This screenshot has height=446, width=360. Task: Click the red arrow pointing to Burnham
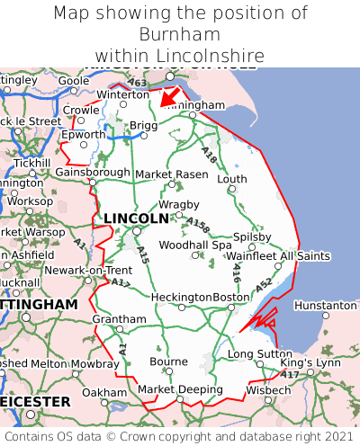pos(168,97)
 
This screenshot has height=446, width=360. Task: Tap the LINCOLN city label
pos(136,219)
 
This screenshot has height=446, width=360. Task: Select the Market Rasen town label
pos(177,174)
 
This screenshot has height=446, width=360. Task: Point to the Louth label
pos(232,179)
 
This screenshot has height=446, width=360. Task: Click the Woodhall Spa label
pos(195,245)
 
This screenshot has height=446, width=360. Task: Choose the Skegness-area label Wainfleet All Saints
pos(278,256)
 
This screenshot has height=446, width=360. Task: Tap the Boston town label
pos(230,298)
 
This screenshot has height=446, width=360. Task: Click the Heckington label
pos(182,298)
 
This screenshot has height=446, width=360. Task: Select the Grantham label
pos(119,319)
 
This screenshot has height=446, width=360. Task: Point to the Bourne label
pos(169,361)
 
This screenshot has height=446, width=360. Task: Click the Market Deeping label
pos(180,389)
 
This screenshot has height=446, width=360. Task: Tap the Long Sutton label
pos(259,354)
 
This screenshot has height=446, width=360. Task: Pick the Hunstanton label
pos(326,306)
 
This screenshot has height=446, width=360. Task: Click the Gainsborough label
pos(93,172)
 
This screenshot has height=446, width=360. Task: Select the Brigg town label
pos(143,126)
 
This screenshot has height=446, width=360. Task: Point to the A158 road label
pos(198,225)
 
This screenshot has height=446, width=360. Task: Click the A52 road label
pos(263,284)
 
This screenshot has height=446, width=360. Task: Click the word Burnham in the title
pos(180,35)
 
